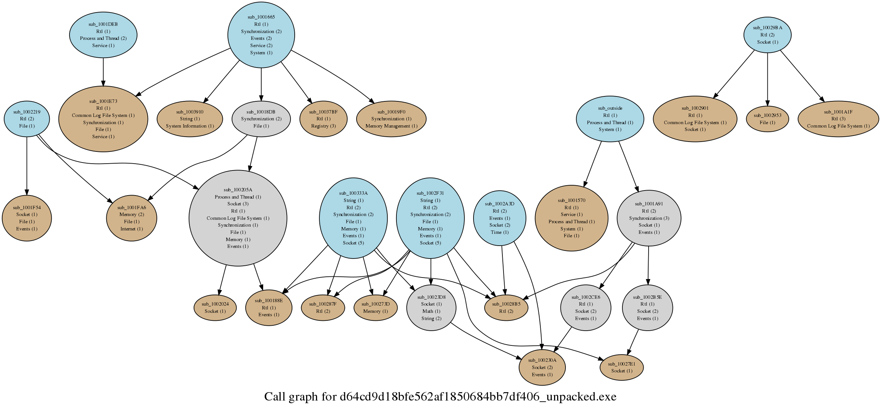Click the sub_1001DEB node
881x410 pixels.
click(103, 35)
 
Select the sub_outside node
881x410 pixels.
click(610, 119)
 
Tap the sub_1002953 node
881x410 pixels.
click(767, 119)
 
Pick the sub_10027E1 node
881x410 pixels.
click(622, 367)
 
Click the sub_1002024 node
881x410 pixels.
click(215, 307)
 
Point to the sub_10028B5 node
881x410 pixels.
click(506, 307)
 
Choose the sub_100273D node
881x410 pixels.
click(376, 307)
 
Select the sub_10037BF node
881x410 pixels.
click(323, 119)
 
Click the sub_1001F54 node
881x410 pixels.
click(27, 218)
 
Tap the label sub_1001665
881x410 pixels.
click(261, 17)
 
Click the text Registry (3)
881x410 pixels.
click(323, 126)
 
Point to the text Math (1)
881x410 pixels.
click(431, 311)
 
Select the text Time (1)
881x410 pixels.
click(499, 232)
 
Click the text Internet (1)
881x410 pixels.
click(131, 229)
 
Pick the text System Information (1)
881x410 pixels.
click(190, 126)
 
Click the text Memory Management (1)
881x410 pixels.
click(391, 126)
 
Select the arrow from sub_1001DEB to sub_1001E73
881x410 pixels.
click(103, 72)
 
